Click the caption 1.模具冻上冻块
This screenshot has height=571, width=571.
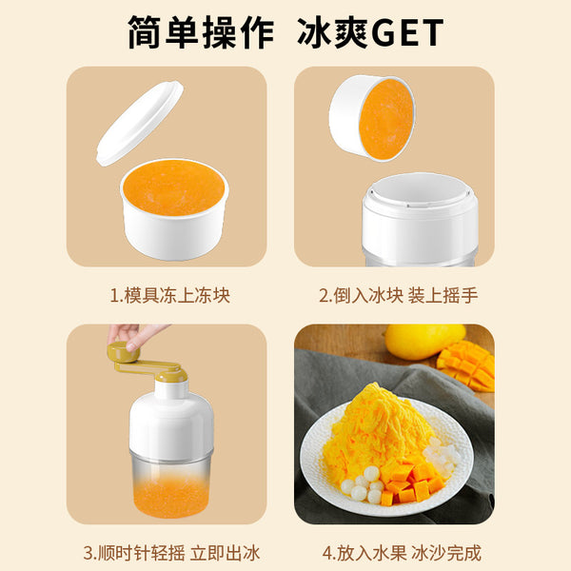tap(170, 295)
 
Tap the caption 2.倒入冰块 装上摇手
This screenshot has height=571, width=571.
tap(399, 295)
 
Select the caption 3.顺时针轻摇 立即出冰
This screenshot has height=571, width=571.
tap(171, 553)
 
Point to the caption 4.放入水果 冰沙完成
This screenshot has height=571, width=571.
tap(402, 553)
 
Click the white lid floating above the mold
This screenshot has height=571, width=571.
tap(140, 123)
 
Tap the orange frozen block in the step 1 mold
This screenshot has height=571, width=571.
tap(174, 187)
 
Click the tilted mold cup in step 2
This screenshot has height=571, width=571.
tap(372, 118)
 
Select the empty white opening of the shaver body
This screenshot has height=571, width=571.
tap(420, 189)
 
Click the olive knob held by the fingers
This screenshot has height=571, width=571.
tap(123, 352)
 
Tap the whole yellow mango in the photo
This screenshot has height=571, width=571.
tap(425, 342)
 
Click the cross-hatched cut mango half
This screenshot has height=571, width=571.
tap(467, 365)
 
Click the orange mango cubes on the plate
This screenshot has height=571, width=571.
tap(410, 480)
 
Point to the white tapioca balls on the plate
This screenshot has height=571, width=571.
tap(362, 484)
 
